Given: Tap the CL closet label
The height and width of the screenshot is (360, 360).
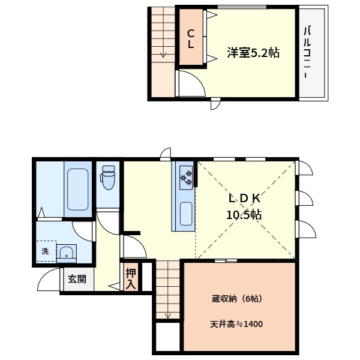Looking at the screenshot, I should coord(190,38).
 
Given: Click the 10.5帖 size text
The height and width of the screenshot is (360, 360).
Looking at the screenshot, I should coord(244,214).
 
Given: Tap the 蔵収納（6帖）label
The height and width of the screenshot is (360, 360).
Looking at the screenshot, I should coord(235,298).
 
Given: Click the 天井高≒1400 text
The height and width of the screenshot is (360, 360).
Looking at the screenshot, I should coord(236,324).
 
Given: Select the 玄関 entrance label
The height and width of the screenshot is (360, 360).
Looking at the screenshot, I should coord(76,279).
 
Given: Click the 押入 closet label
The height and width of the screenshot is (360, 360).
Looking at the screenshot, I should coord(131,278).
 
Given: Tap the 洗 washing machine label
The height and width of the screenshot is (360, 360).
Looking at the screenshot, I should coord(45,251).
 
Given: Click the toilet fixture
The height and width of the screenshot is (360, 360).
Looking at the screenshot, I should coord(108,178).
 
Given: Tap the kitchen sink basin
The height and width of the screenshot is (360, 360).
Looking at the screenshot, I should coord(185,213).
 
